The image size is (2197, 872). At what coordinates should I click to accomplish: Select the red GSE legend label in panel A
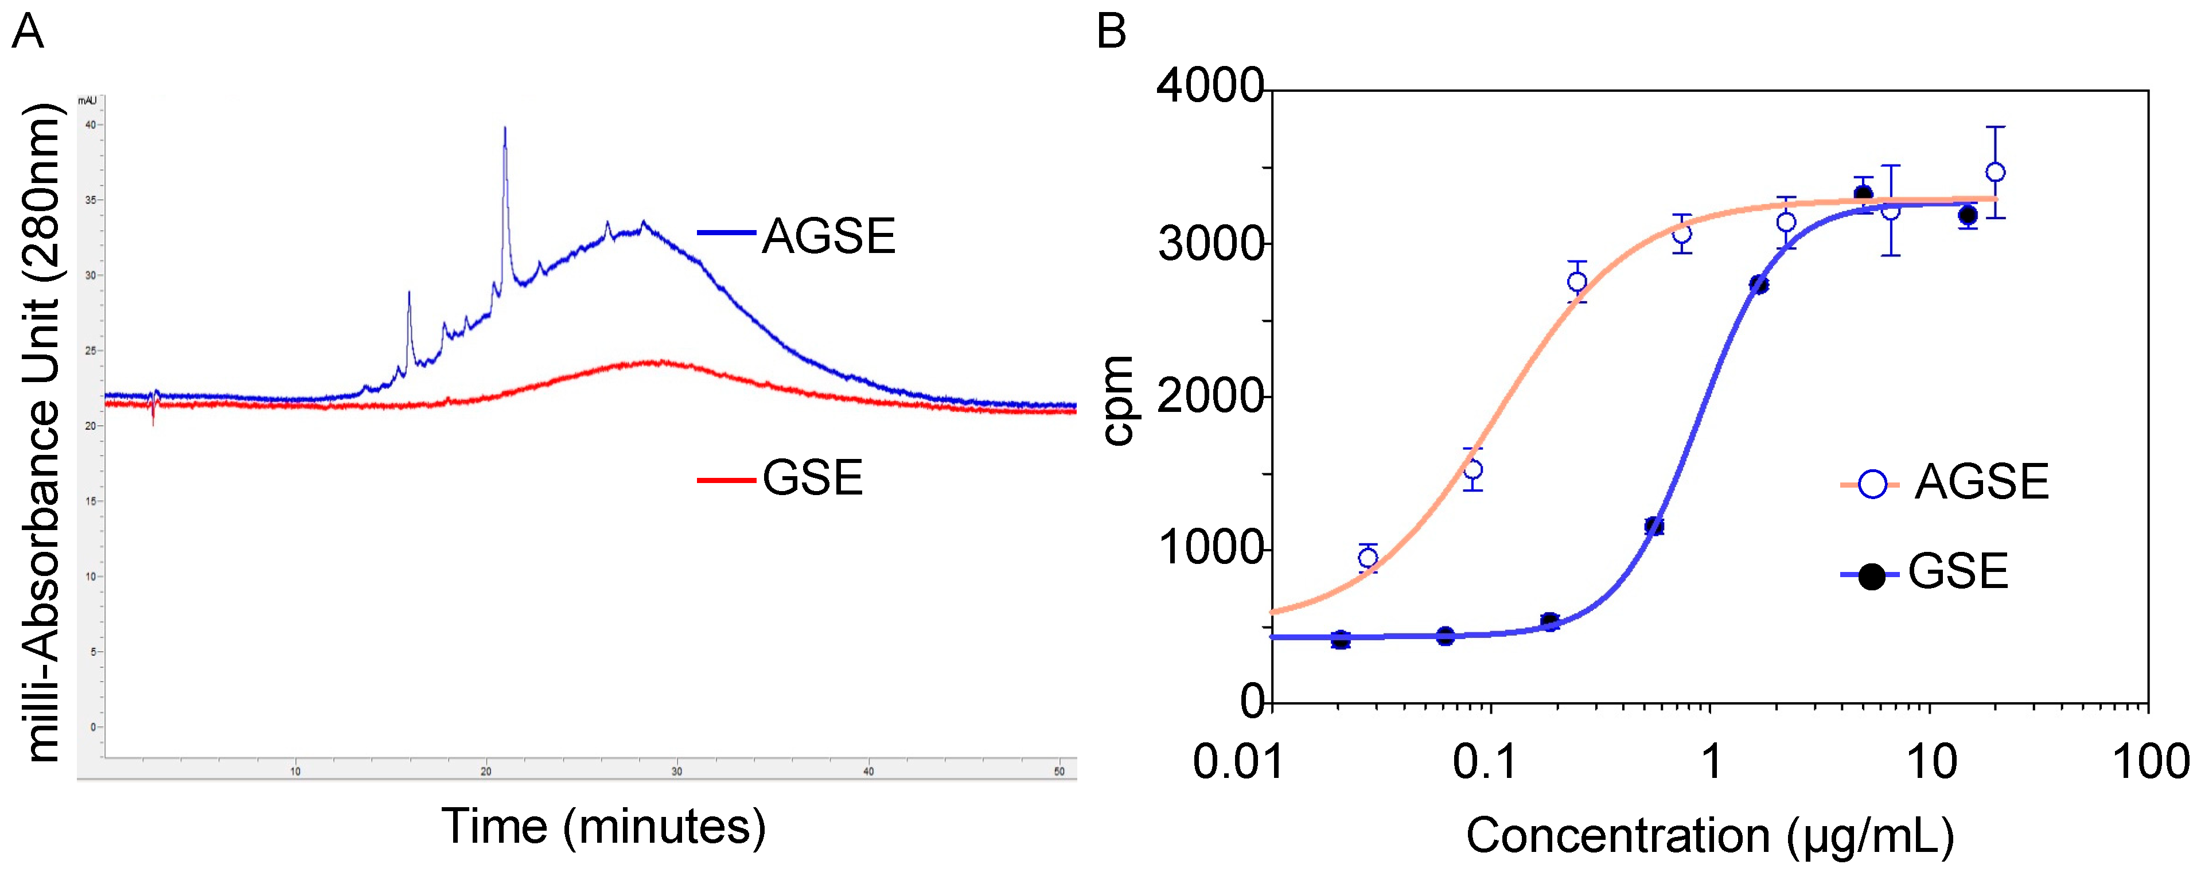[x=812, y=478]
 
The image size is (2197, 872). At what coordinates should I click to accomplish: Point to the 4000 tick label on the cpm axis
[x=1209, y=87]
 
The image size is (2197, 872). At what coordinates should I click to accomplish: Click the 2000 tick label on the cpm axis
[x=1209, y=397]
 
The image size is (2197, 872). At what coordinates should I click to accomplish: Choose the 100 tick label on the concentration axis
[x=2149, y=761]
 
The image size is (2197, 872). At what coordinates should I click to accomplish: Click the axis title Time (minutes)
[x=603, y=827]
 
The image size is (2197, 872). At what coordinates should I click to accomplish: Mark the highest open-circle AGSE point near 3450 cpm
[x=1995, y=172]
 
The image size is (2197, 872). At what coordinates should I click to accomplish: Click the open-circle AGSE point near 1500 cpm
[x=1473, y=469]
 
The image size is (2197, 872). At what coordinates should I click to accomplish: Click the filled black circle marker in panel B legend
[x=1872, y=577]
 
